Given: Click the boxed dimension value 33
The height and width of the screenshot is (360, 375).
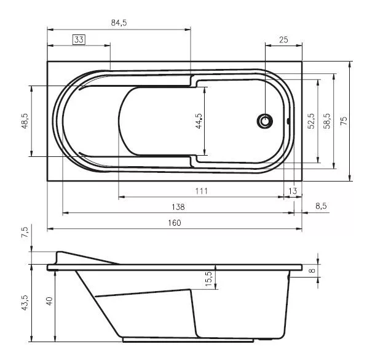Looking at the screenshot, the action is click(x=79, y=39).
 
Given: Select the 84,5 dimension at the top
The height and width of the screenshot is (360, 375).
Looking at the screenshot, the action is click(x=119, y=23).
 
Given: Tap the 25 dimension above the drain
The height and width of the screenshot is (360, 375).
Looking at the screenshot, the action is click(x=283, y=40).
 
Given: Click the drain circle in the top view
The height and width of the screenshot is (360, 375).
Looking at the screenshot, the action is click(x=265, y=121).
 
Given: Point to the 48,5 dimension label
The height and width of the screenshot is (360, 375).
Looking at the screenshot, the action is click(x=25, y=121).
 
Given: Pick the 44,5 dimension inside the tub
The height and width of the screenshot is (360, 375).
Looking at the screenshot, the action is click(x=199, y=121).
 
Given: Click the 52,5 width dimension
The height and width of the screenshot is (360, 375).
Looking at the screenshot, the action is click(x=312, y=121).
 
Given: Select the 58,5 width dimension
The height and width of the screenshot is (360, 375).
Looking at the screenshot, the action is click(x=327, y=121).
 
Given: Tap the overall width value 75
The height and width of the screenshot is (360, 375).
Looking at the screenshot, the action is click(x=344, y=121).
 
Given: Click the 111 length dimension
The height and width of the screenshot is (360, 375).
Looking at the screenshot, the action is click(x=202, y=191).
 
